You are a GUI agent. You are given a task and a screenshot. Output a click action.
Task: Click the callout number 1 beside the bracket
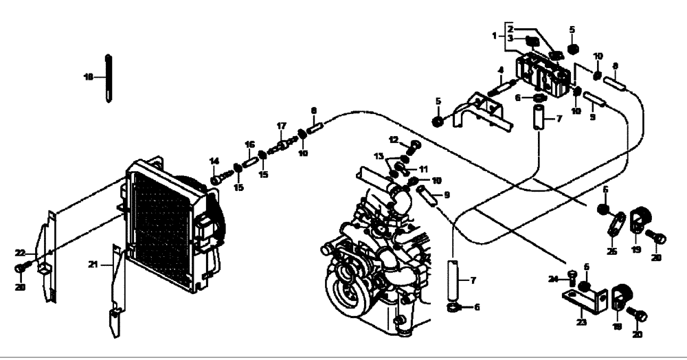pyautogui.click(x=493, y=34)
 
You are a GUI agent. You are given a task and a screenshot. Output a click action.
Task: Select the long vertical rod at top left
pyautogui.click(x=109, y=77)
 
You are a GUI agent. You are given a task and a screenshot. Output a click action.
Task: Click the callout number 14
pyautogui.click(x=214, y=161)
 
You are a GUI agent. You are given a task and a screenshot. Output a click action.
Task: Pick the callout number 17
pyautogui.click(x=281, y=126)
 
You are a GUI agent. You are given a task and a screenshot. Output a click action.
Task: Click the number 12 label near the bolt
pyautogui.click(x=393, y=140)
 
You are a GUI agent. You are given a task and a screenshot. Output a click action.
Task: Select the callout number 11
pyautogui.click(x=423, y=168)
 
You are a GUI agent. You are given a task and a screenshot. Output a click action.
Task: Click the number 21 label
pyautogui.click(x=92, y=264)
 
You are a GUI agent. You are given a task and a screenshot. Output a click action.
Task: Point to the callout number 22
pyautogui.click(x=21, y=253)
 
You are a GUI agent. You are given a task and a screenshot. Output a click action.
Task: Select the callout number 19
pyautogui.click(x=636, y=250)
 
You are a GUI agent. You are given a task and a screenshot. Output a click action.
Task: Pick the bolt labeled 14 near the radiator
pyautogui.click(x=216, y=179)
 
